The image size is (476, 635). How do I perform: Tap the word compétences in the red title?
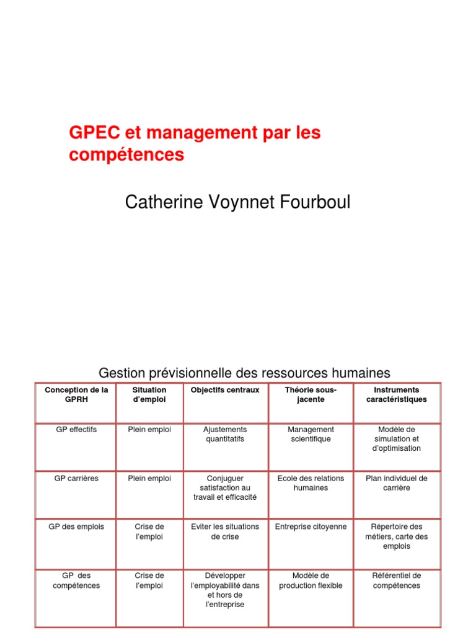pyautogui.click(x=126, y=155)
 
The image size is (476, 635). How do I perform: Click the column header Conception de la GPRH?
pyautogui.click(x=76, y=394)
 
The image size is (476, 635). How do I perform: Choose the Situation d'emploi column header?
pyautogui.click(x=149, y=394)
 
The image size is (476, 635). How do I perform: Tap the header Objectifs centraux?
pyautogui.click(x=225, y=390)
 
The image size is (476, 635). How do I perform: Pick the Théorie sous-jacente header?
pyautogui.click(x=311, y=394)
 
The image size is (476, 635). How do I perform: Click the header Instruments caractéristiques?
pyautogui.click(x=397, y=394)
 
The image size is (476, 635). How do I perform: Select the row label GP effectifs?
pyautogui.click(x=76, y=429)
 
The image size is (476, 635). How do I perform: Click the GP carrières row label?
pyautogui.click(x=76, y=478)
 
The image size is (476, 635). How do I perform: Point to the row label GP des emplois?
pyautogui.click(x=76, y=526)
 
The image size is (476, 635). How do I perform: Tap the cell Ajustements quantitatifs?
pyautogui.click(x=225, y=434)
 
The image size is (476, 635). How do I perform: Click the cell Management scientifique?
pyautogui.click(x=311, y=434)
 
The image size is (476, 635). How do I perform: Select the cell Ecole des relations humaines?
pyautogui.click(x=311, y=483)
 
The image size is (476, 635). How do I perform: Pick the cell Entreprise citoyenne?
pyautogui.click(x=311, y=526)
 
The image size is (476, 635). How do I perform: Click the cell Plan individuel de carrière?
pyautogui.click(x=397, y=483)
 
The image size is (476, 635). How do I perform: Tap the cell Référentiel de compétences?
pyautogui.click(x=397, y=580)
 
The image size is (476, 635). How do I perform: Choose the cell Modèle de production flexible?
pyautogui.click(x=311, y=580)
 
